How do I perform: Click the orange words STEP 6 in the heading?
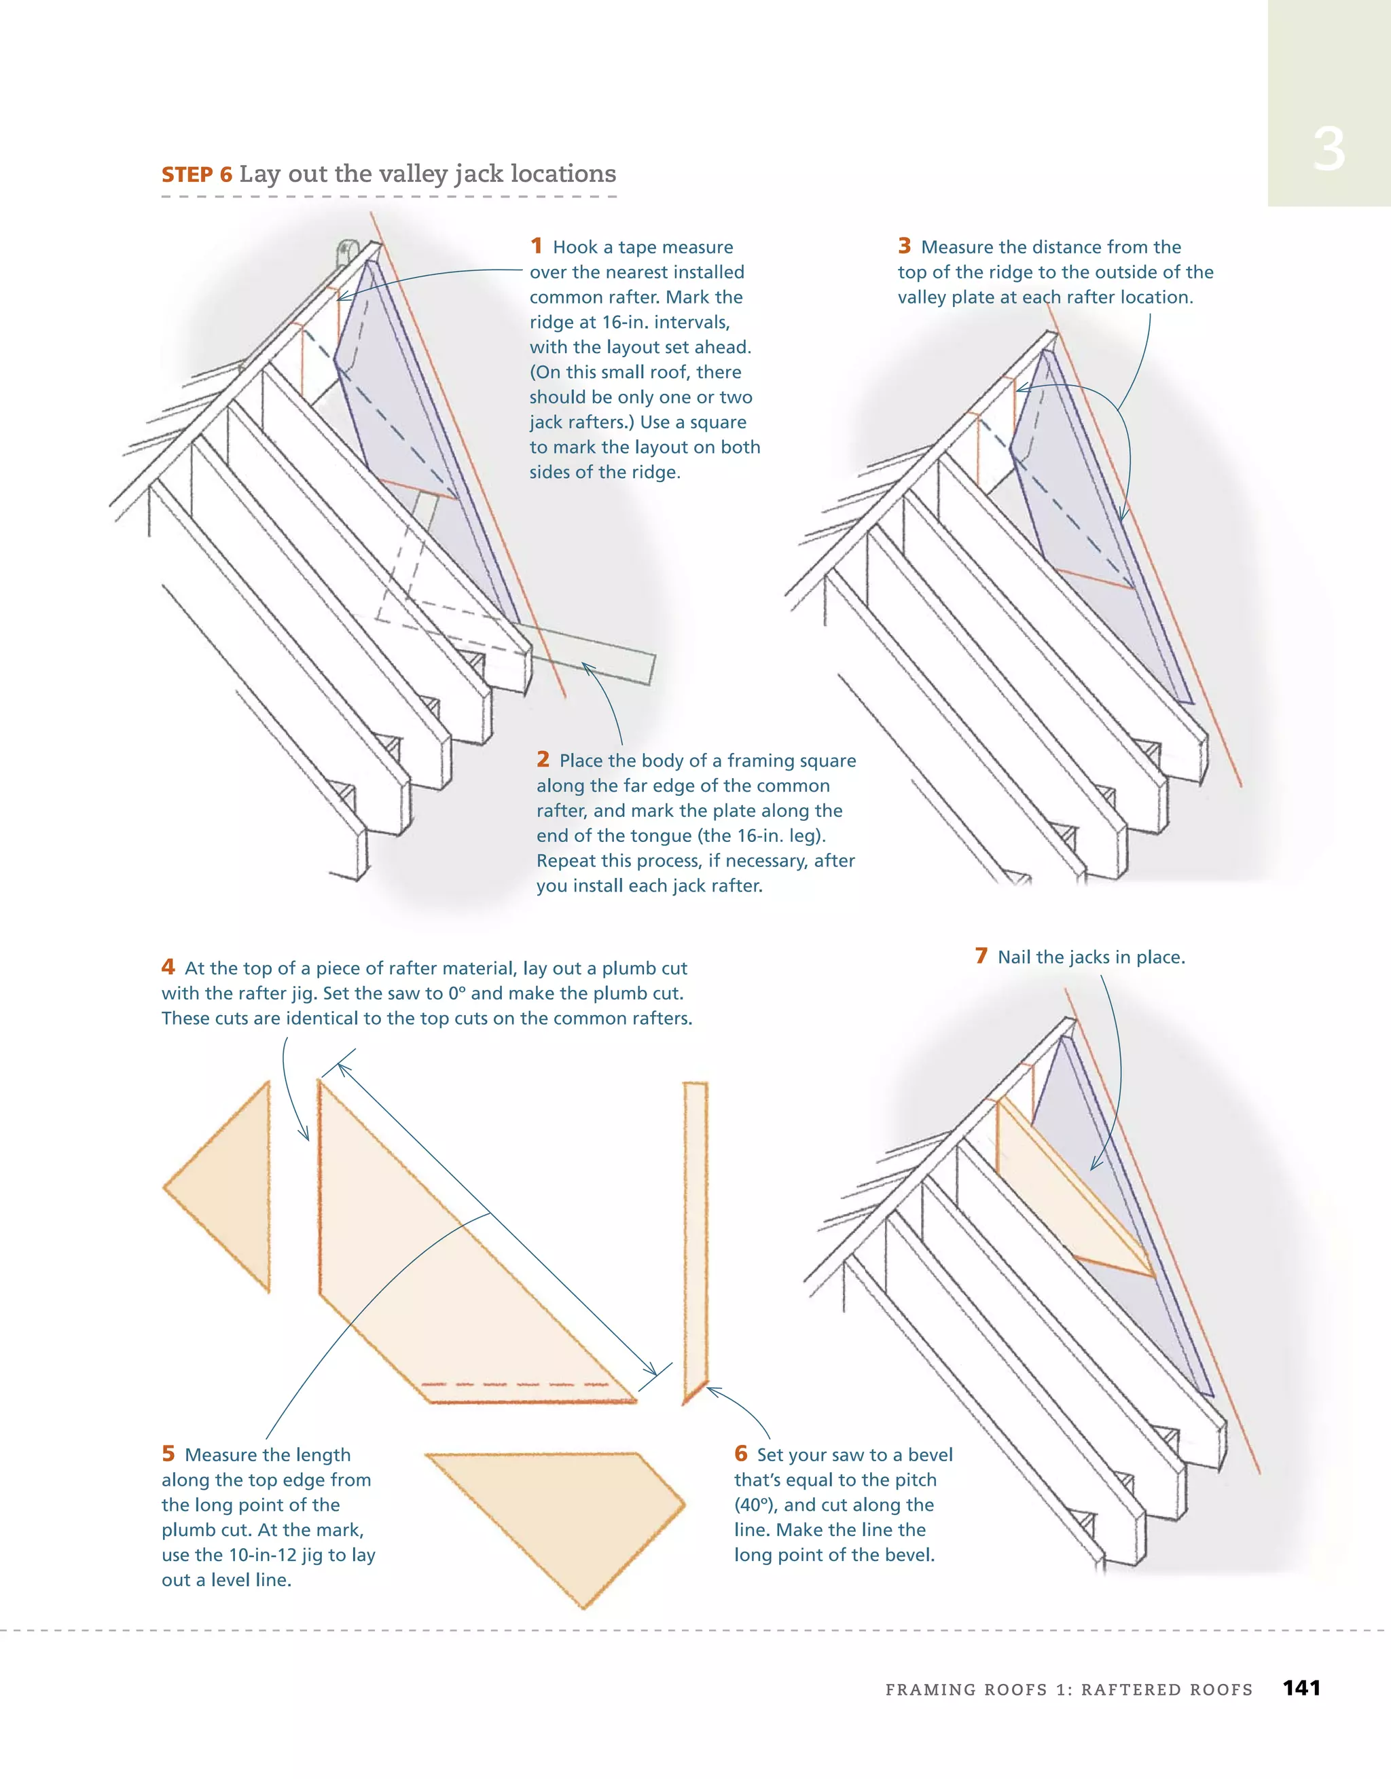coord(196,175)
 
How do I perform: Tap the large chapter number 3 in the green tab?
coord(1329,150)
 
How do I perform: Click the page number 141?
coord(1301,1688)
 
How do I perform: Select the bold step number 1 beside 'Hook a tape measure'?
coord(536,246)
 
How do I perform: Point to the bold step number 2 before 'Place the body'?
coord(543,759)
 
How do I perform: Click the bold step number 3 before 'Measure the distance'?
coord(905,246)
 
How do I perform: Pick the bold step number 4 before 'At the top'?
coord(168,967)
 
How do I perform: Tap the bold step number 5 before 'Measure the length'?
coord(168,1454)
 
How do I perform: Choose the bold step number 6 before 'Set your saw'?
coord(741,1454)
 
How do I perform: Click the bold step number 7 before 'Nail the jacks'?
coord(981,955)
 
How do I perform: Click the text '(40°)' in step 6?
coord(755,1505)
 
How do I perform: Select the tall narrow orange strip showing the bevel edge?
coord(695,1230)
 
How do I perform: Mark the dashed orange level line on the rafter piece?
coord(513,1384)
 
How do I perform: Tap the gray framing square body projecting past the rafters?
coord(603,652)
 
